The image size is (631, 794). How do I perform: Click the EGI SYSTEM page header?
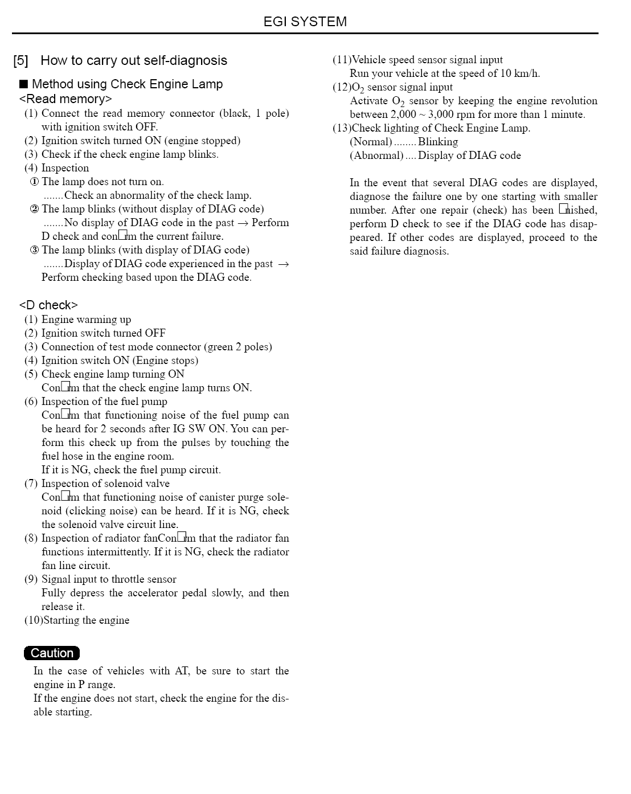(305, 22)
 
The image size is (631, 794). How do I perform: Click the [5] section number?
(21, 60)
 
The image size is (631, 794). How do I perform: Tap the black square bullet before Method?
(23, 84)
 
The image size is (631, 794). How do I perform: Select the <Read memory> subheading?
(65, 99)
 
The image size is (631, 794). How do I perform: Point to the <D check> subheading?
(48, 305)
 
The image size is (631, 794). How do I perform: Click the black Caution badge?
(52, 653)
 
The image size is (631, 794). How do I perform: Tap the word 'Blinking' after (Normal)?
(438, 142)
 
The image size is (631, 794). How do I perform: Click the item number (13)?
(342, 128)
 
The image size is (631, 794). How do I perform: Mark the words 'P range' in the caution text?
(97, 685)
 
